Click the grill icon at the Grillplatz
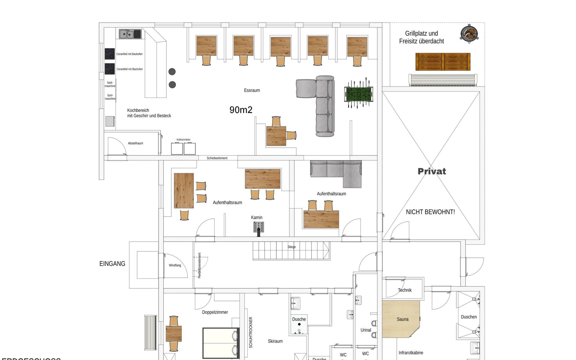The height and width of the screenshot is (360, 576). pos(469,33)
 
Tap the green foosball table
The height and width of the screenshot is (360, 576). pos(358,94)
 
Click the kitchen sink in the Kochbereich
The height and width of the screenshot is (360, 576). pos(130,34)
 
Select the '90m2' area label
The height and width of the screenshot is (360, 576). pos(241,110)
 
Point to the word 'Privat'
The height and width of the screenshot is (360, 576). pos(432,171)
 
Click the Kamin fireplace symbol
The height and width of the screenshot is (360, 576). pos(259,228)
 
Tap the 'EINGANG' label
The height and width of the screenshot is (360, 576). pos(112,264)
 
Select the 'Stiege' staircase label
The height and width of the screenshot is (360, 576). pos(292,247)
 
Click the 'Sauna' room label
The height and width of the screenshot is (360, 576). pos(403,319)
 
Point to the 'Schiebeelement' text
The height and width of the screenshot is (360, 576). pos(217,158)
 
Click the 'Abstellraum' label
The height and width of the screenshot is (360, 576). pos(135,143)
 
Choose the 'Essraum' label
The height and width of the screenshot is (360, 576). pos(252,90)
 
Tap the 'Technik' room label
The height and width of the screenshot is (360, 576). pos(405,290)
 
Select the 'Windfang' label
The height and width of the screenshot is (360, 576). pos(175,265)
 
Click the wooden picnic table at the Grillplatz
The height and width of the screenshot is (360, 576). pos(443,62)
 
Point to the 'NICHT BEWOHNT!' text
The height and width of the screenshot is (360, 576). pos(430,212)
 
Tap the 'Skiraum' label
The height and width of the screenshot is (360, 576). pos(275,341)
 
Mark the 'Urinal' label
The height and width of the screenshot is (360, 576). pos(366,330)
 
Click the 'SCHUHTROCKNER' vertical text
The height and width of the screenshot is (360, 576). pos(251,332)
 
